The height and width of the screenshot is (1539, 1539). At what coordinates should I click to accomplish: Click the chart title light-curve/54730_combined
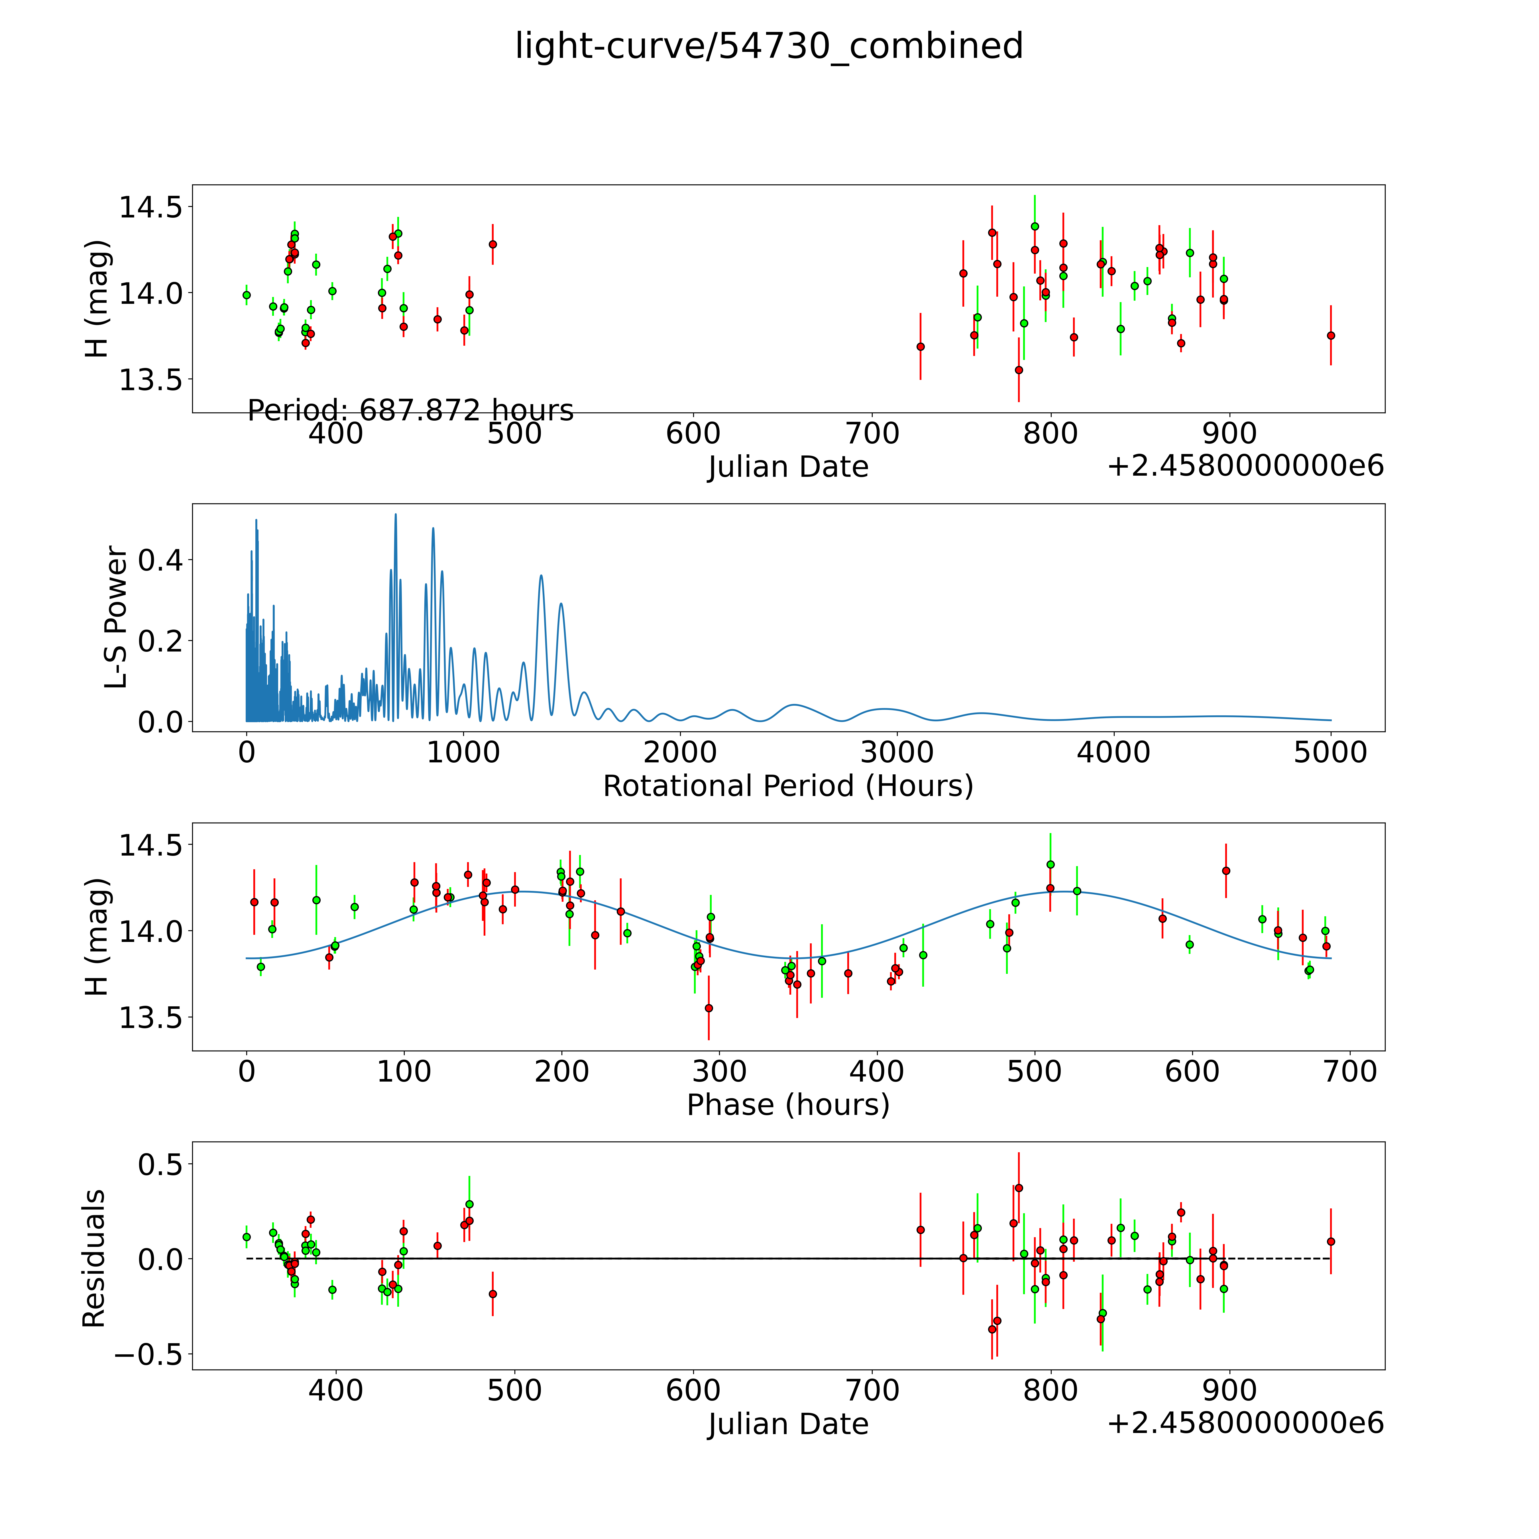769,46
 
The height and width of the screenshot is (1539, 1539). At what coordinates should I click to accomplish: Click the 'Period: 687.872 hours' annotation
410,410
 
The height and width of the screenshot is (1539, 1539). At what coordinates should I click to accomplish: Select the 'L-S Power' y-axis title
116,617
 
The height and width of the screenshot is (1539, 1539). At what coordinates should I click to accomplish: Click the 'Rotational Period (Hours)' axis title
788,786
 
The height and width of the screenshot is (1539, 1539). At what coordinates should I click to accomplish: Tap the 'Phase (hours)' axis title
788,1105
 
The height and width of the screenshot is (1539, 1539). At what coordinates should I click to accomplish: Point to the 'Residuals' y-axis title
94,1259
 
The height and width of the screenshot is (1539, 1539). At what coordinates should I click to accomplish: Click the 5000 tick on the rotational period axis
1330,752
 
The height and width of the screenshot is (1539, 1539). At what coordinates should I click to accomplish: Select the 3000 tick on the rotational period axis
897,752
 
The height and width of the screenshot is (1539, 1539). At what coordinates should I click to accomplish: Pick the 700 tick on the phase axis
1349,1071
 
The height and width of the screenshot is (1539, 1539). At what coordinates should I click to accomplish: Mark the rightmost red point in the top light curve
1330,335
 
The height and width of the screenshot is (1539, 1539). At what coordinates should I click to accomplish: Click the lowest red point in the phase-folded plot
708,1008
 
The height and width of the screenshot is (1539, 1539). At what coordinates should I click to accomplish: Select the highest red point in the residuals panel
1018,1188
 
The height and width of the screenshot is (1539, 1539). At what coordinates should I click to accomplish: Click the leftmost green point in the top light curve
246,295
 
